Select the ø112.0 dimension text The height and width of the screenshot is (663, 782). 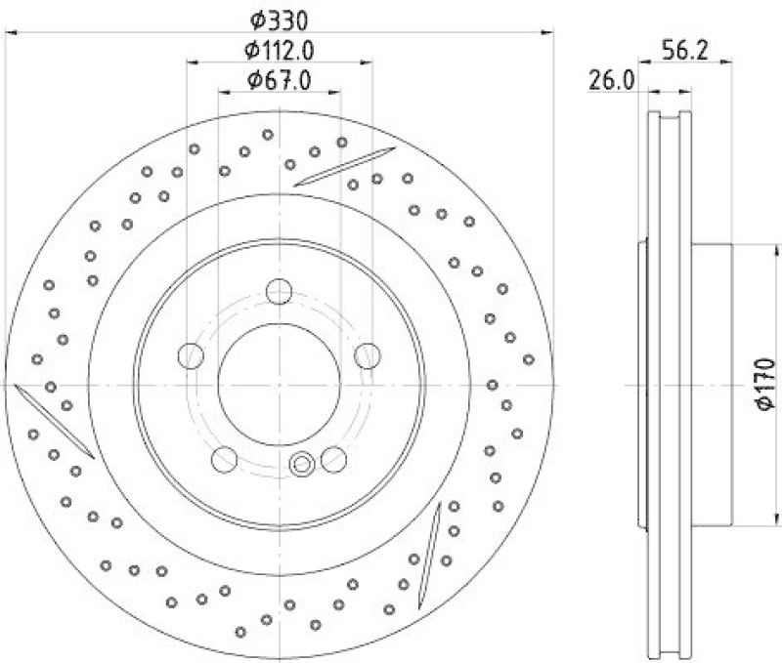click(280, 49)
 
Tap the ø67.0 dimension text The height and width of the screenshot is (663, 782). click(280, 80)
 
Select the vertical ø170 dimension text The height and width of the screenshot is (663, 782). click(765, 384)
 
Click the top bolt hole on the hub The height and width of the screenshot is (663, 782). click(280, 290)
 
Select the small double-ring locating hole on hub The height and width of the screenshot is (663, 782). click(302, 464)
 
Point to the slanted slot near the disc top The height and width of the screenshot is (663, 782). click(343, 166)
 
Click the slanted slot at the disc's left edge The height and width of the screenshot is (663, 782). click(54, 421)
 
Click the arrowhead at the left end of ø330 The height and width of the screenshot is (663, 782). click(12, 34)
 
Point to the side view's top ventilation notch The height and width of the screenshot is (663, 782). click(671, 118)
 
